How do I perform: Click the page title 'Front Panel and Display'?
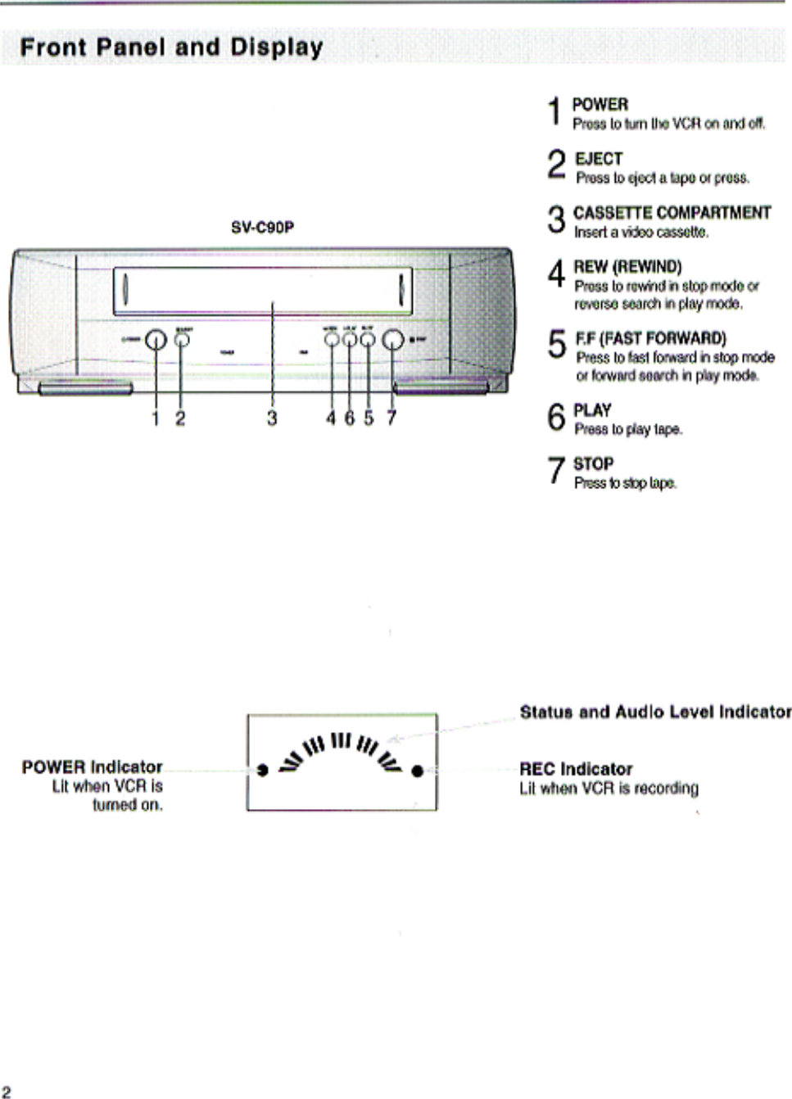171,47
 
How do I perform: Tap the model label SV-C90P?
262,228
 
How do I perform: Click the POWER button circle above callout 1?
156,340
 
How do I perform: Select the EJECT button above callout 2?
181,340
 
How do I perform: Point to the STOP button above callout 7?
393,340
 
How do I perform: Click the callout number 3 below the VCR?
272,418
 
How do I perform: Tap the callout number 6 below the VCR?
350,418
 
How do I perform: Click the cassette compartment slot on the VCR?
262,291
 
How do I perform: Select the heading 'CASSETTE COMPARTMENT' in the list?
672,213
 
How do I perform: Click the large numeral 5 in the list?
557,345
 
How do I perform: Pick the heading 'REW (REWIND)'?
627,267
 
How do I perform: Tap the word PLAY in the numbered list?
592,410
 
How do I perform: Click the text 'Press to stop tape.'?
625,483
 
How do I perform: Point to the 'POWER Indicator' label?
92,767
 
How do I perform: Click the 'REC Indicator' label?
576,769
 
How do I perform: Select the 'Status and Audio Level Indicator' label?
655,712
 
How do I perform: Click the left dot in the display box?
262,770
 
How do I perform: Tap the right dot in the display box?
417,771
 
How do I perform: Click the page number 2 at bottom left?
7,1091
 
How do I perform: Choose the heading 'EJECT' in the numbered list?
599,159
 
